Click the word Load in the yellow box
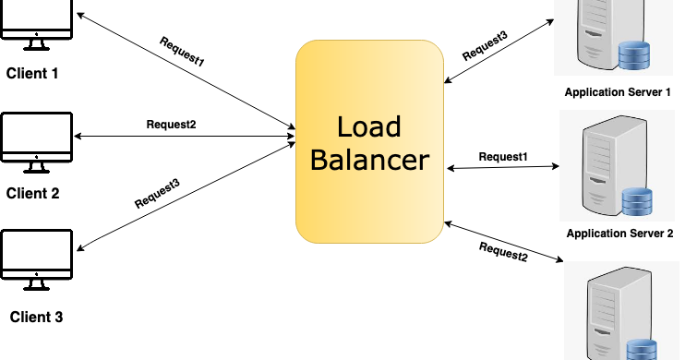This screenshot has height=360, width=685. point(369,127)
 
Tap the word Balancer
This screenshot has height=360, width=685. point(369,160)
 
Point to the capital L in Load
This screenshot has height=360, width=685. point(343,127)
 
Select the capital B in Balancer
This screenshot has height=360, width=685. point(319,160)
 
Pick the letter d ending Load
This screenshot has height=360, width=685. point(393,127)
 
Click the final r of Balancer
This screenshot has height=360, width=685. point(424,162)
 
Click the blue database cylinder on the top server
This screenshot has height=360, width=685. point(633,54)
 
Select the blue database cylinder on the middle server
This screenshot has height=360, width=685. point(637,201)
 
